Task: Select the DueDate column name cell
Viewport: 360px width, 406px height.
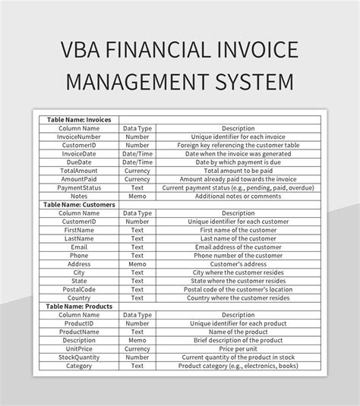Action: point(79,162)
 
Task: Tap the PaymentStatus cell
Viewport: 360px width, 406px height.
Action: point(79,186)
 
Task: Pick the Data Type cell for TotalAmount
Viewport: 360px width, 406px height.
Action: point(137,170)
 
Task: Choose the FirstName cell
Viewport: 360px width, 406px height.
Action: point(79,229)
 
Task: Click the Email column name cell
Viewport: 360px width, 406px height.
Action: point(79,246)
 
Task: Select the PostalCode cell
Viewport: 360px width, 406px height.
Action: point(79,288)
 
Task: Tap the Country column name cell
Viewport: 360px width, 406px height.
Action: point(79,297)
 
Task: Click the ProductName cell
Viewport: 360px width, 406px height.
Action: point(79,332)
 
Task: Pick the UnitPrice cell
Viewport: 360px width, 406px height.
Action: point(79,348)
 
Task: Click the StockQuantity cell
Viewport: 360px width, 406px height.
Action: point(79,357)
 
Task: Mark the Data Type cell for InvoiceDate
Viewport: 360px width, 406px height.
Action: point(137,153)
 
